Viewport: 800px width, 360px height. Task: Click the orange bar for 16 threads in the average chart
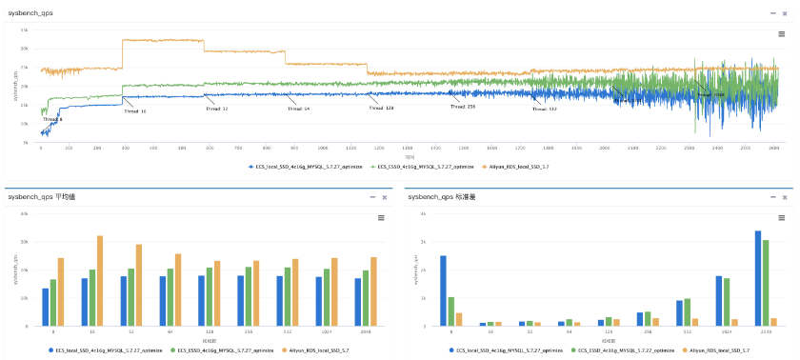(100, 281)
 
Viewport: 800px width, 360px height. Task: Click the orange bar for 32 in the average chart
(139, 286)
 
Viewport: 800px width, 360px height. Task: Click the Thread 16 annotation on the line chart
(135, 110)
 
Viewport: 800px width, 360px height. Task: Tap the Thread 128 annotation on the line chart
(381, 109)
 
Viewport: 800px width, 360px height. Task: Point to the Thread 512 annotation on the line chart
(544, 109)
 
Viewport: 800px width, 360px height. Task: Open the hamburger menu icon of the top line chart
(781, 33)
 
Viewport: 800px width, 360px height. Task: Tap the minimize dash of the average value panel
(372, 197)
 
